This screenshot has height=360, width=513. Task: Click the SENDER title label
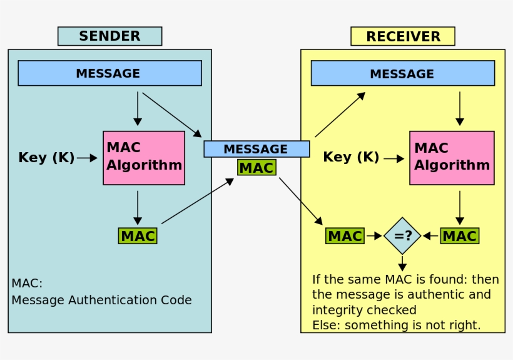[x=109, y=36]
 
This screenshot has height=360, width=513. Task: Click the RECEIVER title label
[x=402, y=36]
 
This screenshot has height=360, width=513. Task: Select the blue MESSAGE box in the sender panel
[x=109, y=73]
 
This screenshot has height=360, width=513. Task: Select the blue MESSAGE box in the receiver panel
[x=402, y=73]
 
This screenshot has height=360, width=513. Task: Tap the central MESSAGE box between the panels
[x=256, y=149]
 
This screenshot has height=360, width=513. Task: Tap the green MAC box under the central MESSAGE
[x=256, y=168]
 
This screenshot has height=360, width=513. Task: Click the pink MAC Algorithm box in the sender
[x=144, y=158]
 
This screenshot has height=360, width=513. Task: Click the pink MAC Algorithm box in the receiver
[x=452, y=158]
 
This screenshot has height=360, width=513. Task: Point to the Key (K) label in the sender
[x=46, y=158]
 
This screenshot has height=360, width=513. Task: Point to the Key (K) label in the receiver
[x=351, y=157]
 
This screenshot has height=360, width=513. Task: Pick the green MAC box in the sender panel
[x=138, y=236]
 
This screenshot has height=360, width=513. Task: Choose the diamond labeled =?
[x=402, y=236]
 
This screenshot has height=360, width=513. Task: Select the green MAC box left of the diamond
[x=345, y=236]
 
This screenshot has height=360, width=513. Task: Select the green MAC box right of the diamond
[x=460, y=236]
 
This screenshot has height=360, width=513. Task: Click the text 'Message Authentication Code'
[x=101, y=301]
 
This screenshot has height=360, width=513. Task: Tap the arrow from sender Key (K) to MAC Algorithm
[x=88, y=158]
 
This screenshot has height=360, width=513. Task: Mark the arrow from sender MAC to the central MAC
[x=197, y=201]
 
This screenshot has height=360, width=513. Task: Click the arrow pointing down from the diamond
[x=402, y=263]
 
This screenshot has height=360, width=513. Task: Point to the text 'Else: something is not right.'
[x=397, y=325]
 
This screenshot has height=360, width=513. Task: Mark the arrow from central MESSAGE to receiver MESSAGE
[x=340, y=115]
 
